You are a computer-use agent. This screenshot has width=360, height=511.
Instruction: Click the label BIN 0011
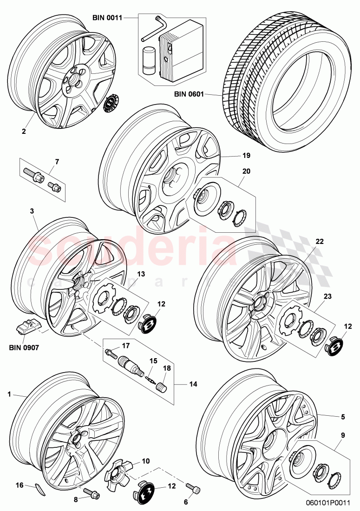107,18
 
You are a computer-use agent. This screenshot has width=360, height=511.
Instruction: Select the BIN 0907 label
26,346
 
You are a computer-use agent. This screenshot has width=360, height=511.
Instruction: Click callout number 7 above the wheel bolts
57,162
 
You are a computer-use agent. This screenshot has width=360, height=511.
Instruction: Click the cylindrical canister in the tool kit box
149,60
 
